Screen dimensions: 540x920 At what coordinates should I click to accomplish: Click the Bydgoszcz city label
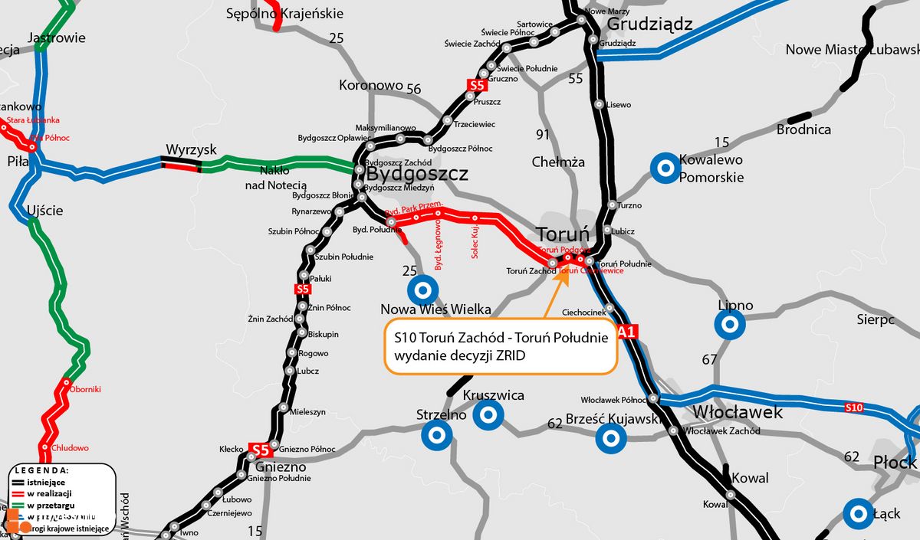[416, 175]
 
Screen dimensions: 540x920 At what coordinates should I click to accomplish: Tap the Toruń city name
[564, 234]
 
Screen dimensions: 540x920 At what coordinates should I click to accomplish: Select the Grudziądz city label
[649, 25]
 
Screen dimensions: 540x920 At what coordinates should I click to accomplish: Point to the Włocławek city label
[737, 412]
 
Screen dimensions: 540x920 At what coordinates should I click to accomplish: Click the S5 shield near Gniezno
[261, 450]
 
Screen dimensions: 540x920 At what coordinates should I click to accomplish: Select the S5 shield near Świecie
[477, 85]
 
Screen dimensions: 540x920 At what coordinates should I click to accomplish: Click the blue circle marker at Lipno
[730, 325]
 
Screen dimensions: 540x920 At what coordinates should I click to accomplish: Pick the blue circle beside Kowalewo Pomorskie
[664, 168]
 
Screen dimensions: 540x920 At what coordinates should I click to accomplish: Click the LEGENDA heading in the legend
[43, 470]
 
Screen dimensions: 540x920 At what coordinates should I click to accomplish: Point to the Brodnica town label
[803, 129]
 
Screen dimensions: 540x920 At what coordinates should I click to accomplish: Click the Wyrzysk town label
[192, 149]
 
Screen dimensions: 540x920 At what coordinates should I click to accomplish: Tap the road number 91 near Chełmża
[543, 135]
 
